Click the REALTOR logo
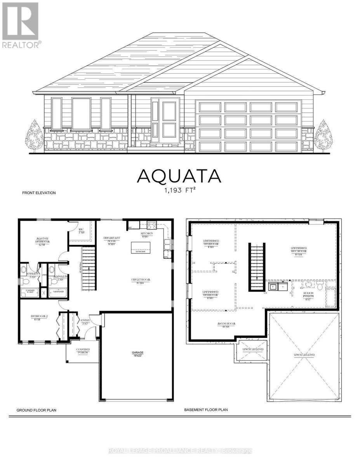point(21,26)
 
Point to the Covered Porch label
point(83,351)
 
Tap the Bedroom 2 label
point(39,318)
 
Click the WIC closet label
point(81,230)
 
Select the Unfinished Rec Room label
point(298,251)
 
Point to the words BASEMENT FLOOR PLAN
point(206,409)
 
